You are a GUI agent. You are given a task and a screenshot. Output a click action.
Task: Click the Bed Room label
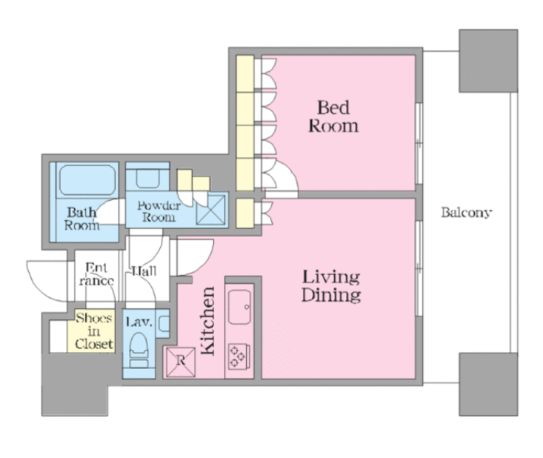(333, 116)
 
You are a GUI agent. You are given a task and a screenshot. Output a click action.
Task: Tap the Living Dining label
(331, 286)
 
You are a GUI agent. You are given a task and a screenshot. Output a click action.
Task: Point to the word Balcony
(467, 212)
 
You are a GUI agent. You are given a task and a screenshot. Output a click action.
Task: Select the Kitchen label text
(207, 321)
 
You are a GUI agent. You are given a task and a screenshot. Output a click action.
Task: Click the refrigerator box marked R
(181, 362)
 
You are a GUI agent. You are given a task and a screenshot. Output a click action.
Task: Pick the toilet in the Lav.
(139, 351)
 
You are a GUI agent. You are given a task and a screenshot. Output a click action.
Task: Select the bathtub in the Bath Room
(87, 180)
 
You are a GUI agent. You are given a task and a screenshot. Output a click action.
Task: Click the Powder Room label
(159, 211)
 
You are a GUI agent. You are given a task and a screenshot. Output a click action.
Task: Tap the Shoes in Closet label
(94, 331)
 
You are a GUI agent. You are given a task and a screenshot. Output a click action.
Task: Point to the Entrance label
(96, 274)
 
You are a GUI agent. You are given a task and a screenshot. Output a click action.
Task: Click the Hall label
(144, 271)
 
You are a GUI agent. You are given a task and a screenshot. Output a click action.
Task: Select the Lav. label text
(139, 322)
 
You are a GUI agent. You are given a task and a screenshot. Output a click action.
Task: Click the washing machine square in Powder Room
(210, 210)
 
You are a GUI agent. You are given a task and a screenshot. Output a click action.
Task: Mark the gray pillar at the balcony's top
(488, 61)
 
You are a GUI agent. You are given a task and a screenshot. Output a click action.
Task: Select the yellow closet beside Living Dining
(245, 213)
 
